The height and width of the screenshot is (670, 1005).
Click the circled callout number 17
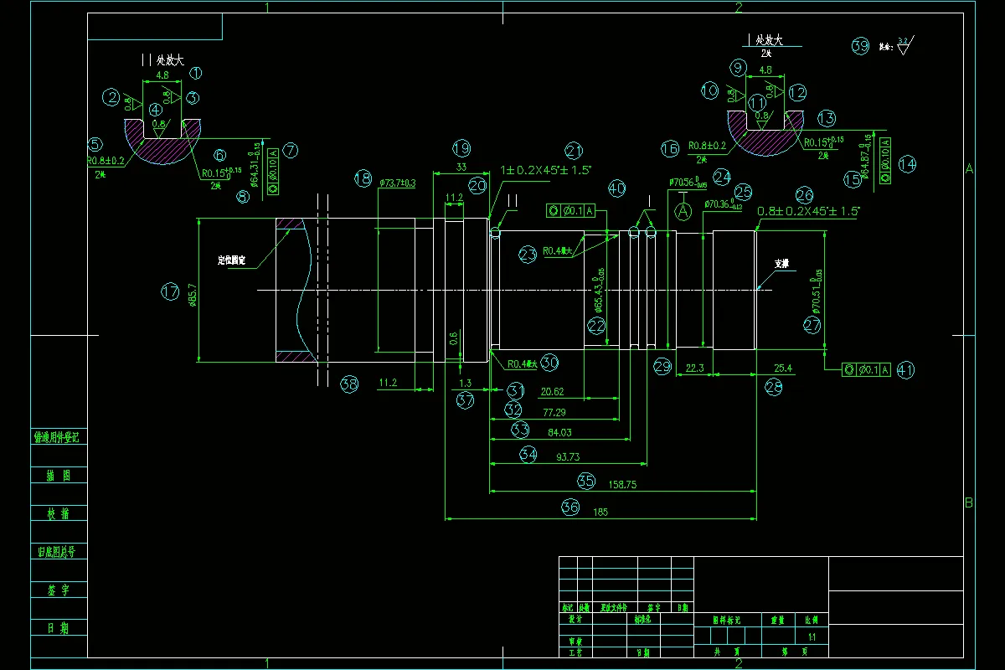tap(170, 291)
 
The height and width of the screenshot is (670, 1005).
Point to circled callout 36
tap(570, 506)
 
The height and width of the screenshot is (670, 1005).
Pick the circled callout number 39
tap(860, 46)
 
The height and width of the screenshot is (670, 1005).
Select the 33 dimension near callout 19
tap(460, 167)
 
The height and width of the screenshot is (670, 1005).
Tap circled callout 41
tap(905, 369)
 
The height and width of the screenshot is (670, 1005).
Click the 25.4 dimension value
tap(783, 368)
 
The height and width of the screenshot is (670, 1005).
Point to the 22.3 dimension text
tap(694, 368)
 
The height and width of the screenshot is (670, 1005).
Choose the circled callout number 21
tap(573, 151)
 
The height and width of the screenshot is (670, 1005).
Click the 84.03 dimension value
tap(559, 432)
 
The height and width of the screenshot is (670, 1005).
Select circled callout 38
tap(349, 384)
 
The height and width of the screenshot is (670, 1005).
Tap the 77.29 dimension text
tap(554, 412)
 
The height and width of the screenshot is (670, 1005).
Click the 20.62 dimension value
tap(552, 391)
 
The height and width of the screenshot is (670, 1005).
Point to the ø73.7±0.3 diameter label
tap(397, 183)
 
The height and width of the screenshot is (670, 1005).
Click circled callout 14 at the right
tap(908, 164)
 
